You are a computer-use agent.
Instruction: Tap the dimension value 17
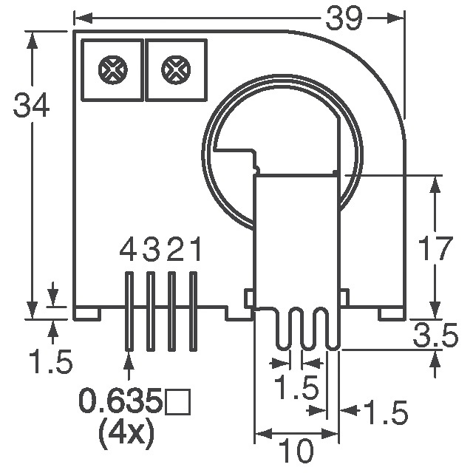click(434, 249)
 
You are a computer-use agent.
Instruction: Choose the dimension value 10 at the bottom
click(296, 450)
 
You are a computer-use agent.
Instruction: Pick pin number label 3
click(151, 253)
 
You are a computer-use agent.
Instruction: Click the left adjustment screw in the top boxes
click(111, 69)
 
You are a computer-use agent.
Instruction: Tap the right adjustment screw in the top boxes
click(174, 69)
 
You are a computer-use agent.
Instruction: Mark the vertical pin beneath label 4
click(129, 311)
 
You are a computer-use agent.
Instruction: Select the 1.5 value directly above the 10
click(296, 388)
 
